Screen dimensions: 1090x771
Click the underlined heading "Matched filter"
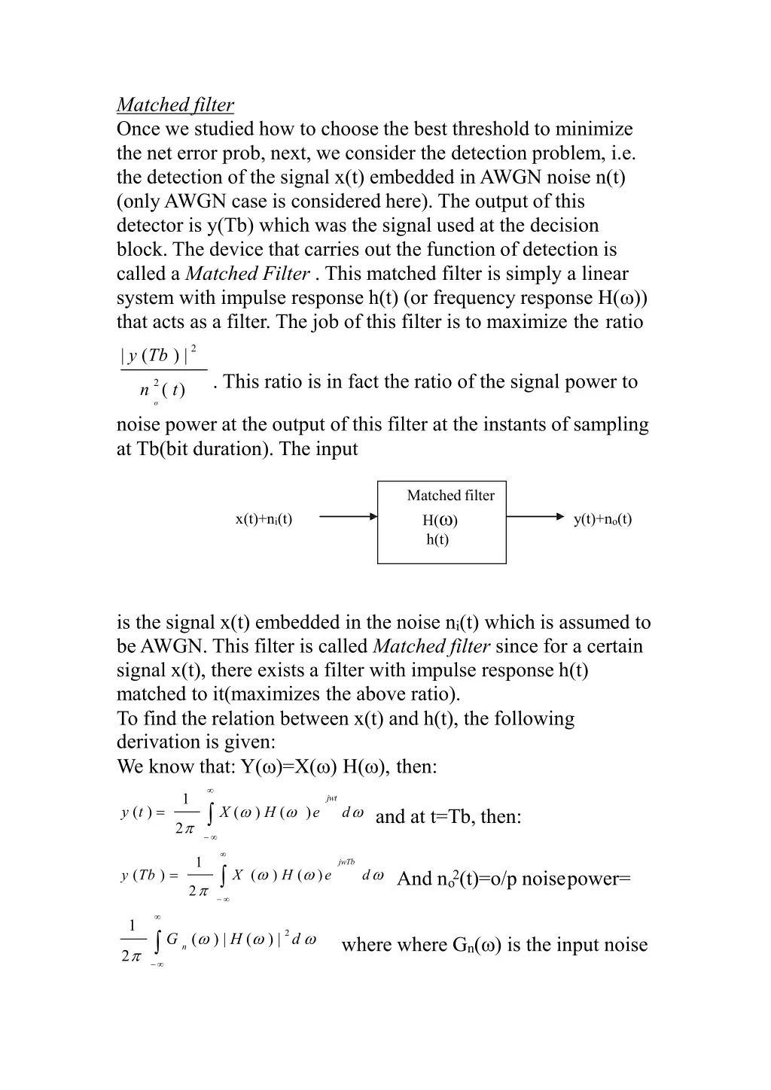(x=175, y=105)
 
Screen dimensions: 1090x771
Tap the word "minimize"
(x=594, y=129)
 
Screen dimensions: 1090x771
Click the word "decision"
(x=562, y=226)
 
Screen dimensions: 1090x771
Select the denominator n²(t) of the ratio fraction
(x=161, y=390)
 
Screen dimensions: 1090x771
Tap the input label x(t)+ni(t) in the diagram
(x=264, y=519)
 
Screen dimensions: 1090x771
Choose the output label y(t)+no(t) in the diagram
(x=602, y=519)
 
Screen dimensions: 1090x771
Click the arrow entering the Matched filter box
(x=348, y=517)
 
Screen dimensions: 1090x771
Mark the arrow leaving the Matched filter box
(x=535, y=517)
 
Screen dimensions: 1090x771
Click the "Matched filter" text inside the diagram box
(x=450, y=496)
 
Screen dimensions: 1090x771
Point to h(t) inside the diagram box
(x=437, y=539)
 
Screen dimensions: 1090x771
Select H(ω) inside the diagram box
(x=440, y=521)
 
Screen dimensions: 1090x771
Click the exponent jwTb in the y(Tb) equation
(x=346, y=862)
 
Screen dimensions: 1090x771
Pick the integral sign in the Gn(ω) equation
(x=157, y=941)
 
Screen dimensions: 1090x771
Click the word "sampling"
(x=611, y=425)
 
